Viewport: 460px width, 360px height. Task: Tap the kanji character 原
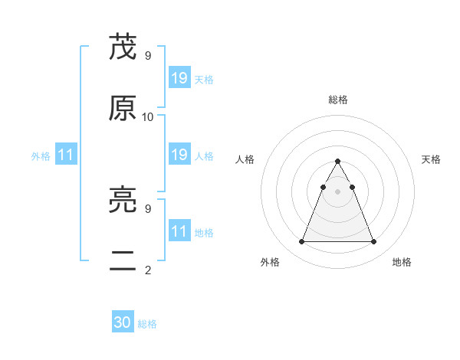[123, 109]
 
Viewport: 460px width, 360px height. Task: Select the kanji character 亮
[123, 201]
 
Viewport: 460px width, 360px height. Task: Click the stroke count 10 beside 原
[148, 116]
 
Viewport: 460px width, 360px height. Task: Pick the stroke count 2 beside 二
[148, 270]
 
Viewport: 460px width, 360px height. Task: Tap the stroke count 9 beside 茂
[148, 55]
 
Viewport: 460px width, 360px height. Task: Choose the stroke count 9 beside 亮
[148, 208]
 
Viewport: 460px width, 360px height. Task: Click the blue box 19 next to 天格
[179, 78]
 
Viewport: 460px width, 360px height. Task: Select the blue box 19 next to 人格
[179, 155]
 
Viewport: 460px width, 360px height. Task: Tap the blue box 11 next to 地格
[179, 231]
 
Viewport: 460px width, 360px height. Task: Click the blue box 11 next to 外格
[66, 155]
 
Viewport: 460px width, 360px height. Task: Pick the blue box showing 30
[123, 322]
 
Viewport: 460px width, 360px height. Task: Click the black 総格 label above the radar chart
[337, 100]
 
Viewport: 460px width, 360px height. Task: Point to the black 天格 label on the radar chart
[431, 159]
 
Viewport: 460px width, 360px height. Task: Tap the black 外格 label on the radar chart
[270, 262]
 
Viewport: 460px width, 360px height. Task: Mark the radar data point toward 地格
[373, 242]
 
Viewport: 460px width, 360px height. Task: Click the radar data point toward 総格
[337, 162]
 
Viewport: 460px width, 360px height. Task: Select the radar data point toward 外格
[301, 242]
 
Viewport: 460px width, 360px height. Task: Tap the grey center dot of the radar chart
[337, 191]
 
